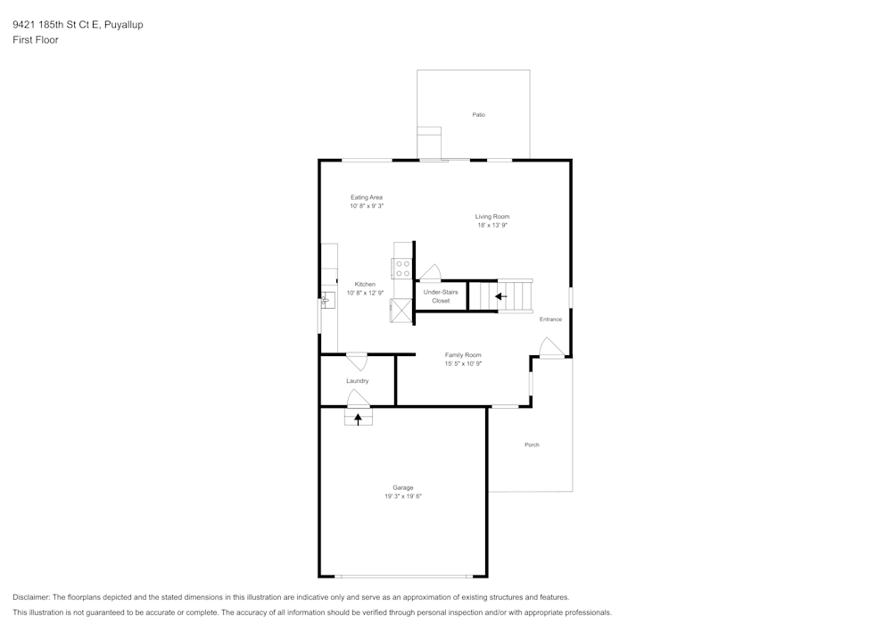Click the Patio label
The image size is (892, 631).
point(479,115)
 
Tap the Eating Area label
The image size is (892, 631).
point(367,197)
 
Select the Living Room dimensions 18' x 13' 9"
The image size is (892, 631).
point(491,226)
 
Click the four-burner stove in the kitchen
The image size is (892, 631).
point(402,269)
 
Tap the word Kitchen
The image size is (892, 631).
point(365,284)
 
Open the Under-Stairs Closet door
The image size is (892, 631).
point(431,273)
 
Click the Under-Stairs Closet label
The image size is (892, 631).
point(441,296)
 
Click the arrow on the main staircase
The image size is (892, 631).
point(500,296)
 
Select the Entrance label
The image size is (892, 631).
point(550,320)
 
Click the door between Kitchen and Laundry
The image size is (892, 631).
point(357,361)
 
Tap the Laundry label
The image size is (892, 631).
point(357,381)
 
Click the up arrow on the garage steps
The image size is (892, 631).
point(359,418)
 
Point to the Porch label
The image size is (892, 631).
point(532,444)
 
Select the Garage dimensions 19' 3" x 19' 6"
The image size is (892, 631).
point(402,496)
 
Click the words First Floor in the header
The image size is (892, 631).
point(36,40)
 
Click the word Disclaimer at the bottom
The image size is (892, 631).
point(31,597)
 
